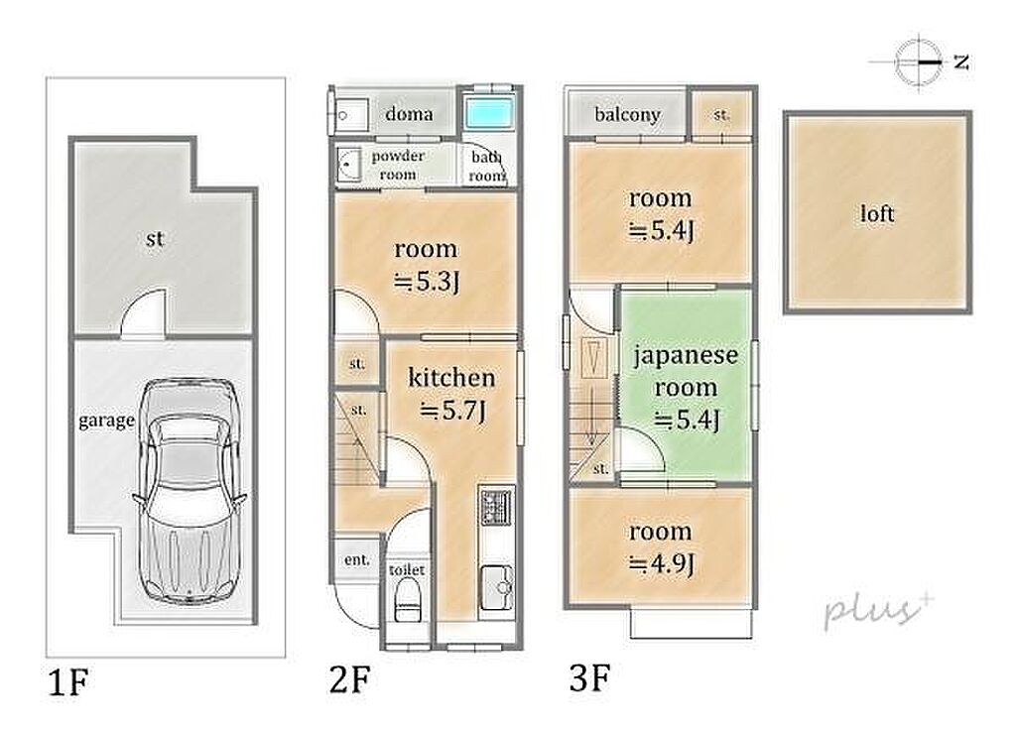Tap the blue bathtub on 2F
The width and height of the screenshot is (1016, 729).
click(490, 113)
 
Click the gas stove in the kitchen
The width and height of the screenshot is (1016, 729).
click(496, 506)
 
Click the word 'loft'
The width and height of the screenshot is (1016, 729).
click(877, 213)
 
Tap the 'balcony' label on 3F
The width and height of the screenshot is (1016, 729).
click(627, 115)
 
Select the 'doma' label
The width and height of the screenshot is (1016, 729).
click(409, 114)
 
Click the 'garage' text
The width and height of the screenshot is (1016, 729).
click(106, 422)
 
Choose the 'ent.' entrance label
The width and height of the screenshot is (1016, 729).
click(357, 559)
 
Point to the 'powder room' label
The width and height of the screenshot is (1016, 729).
click(398, 166)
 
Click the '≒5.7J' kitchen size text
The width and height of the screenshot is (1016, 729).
click(452, 411)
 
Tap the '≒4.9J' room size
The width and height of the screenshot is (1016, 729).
click(662, 563)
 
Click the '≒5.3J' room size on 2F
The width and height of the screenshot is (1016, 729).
click(427, 282)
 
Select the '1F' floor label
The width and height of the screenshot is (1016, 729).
click(68, 682)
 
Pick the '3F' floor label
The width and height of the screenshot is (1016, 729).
click(589, 678)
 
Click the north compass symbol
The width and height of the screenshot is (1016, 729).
click(919, 62)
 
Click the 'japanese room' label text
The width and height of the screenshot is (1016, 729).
click(686, 371)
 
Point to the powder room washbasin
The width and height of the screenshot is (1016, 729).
click(348, 165)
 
